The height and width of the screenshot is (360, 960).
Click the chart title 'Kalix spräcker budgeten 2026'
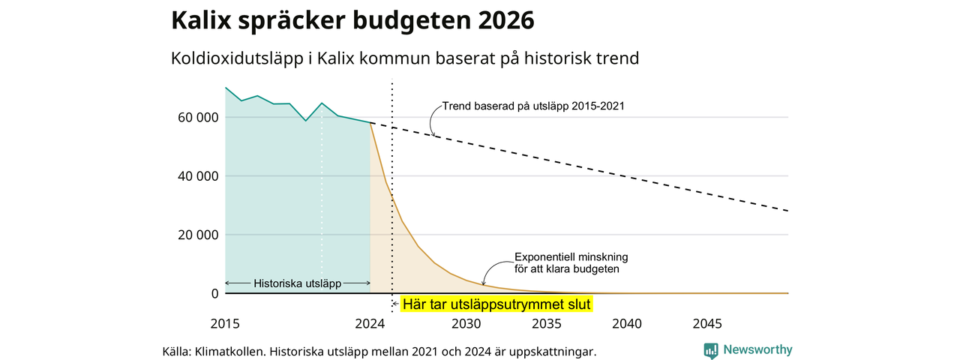coord(352,20)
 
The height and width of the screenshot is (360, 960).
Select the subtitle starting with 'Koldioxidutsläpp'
coord(405,58)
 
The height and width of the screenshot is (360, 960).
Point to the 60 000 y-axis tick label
coord(198,118)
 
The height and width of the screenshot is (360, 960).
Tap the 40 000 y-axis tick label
coord(198,176)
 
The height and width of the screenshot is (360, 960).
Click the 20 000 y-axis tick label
coord(198,235)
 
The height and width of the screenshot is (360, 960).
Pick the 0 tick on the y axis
coord(214,293)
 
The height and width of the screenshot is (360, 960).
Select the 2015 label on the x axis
coord(225,323)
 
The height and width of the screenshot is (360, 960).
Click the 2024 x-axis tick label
coord(370,323)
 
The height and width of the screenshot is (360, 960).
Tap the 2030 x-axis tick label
coord(466,323)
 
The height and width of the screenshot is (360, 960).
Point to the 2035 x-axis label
coord(547,323)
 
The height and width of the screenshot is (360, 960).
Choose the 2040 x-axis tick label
coord(627,323)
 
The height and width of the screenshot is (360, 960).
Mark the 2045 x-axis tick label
coord(707,323)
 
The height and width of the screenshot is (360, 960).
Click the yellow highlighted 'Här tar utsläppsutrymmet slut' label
coord(496,304)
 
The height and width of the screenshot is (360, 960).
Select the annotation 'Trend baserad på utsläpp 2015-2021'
coord(533,106)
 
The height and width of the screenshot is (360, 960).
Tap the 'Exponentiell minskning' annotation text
coord(571,257)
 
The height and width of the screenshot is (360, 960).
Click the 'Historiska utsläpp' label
coord(298,283)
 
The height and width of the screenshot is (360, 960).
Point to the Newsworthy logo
coord(748,350)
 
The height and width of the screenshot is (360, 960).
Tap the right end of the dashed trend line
coord(788,211)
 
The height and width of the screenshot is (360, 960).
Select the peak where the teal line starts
coord(226,88)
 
